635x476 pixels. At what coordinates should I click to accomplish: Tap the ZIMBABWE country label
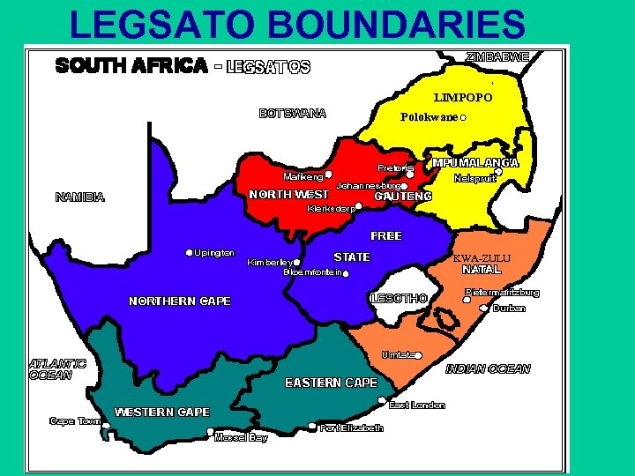click(497, 56)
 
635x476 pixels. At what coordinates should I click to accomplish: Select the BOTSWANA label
click(292, 113)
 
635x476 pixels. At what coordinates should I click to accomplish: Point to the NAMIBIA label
click(79, 197)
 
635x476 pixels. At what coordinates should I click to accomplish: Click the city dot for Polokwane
click(463, 117)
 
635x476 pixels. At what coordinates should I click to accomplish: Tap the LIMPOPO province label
click(463, 97)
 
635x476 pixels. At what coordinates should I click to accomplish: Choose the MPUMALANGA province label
click(475, 163)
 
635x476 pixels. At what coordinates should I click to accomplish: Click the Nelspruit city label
click(475, 179)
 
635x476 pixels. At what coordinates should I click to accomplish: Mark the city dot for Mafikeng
click(328, 175)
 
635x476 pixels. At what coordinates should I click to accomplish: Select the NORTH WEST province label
click(289, 194)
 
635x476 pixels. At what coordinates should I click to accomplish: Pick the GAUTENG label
click(403, 197)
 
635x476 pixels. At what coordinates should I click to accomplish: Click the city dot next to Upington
click(189, 253)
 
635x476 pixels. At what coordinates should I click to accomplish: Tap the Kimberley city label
click(269, 263)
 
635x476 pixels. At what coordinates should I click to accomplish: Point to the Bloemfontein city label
click(311, 273)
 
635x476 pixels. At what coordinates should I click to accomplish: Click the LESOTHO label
click(400, 299)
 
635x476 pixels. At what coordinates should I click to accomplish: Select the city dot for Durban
click(483, 309)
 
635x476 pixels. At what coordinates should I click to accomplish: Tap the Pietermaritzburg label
click(502, 292)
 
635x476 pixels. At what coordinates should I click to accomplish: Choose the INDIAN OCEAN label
click(488, 368)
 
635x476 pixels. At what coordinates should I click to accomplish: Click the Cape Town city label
click(75, 421)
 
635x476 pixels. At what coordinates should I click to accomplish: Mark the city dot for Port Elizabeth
click(312, 428)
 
